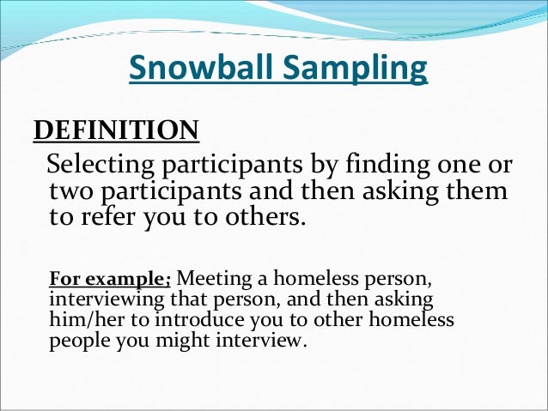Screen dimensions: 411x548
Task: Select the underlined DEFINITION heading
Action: (116, 131)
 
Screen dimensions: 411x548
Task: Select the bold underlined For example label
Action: (111, 279)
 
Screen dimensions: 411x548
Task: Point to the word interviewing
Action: (100, 299)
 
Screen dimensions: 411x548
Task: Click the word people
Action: (77, 339)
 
